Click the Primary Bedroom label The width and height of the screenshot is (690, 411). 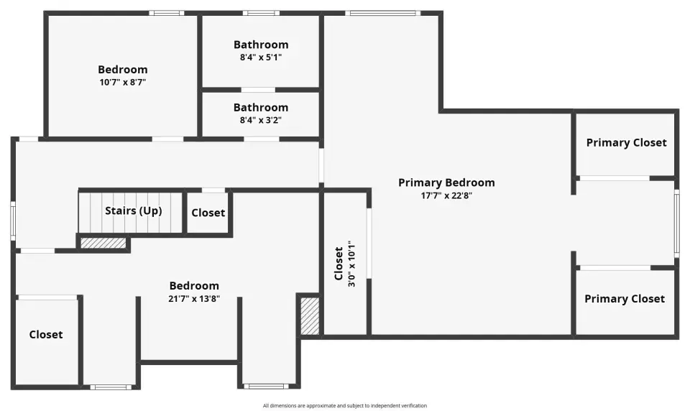pos(446,183)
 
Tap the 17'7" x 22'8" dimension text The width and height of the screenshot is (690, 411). pos(446,195)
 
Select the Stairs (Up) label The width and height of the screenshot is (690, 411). pos(134,211)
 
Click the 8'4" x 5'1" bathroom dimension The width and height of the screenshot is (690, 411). pos(260,57)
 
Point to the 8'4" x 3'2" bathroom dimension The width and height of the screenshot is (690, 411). pos(260,120)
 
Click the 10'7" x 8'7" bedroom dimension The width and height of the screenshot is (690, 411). pos(122,83)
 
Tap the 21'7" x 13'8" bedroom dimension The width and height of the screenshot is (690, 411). pos(193,299)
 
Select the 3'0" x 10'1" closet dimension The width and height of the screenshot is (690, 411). pos(351,264)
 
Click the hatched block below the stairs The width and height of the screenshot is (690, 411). pos(103,243)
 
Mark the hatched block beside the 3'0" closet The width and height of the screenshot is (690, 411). pos(310,316)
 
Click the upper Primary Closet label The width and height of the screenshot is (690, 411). pos(626,143)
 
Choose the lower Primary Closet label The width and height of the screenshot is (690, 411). pos(625,299)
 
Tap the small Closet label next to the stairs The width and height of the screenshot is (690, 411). pos(208,213)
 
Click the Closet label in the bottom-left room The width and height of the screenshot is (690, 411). pos(46,335)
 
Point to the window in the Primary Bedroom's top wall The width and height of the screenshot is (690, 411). pos(382,13)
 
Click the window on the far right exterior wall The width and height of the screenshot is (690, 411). pos(677,223)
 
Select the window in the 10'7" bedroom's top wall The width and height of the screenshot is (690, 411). pos(166,13)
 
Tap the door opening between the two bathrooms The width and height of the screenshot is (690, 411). pos(258,90)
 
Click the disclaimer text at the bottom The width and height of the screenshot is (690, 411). pos(345,406)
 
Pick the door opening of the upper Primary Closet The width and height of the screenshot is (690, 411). pos(615,178)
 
